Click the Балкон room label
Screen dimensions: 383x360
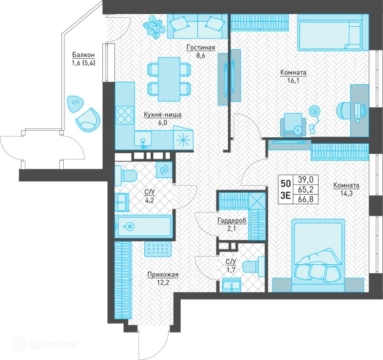click(x=83, y=55)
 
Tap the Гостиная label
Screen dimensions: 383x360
click(x=200, y=47)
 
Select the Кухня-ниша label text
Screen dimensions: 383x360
click(x=162, y=114)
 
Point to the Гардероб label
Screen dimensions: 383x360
click(x=232, y=221)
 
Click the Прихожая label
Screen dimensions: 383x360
click(x=163, y=274)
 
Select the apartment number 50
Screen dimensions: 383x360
click(x=285, y=183)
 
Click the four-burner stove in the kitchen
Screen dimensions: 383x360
click(x=125, y=115)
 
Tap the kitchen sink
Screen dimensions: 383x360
click(x=143, y=140)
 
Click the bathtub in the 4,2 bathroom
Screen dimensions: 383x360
click(x=144, y=227)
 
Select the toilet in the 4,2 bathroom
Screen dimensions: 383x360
click(x=126, y=174)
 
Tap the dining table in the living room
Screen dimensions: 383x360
click(x=169, y=79)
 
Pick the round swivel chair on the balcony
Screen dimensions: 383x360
click(x=88, y=119)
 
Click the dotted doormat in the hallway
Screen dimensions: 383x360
click(x=158, y=249)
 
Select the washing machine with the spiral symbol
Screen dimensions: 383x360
click(x=164, y=170)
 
